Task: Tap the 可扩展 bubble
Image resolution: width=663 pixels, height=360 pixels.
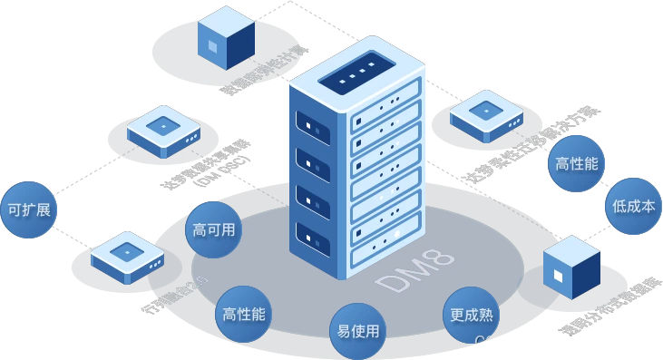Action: point(28,209)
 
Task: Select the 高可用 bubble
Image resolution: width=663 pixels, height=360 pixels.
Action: point(213,229)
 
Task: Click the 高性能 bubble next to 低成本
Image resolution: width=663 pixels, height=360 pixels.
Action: point(577,164)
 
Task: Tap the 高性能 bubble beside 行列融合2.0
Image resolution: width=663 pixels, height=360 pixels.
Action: point(244,315)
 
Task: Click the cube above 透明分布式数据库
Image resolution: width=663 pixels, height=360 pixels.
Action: point(570,268)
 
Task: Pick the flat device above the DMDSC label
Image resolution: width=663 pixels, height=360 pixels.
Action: point(162,130)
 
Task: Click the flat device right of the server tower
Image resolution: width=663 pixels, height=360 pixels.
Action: point(486,115)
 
